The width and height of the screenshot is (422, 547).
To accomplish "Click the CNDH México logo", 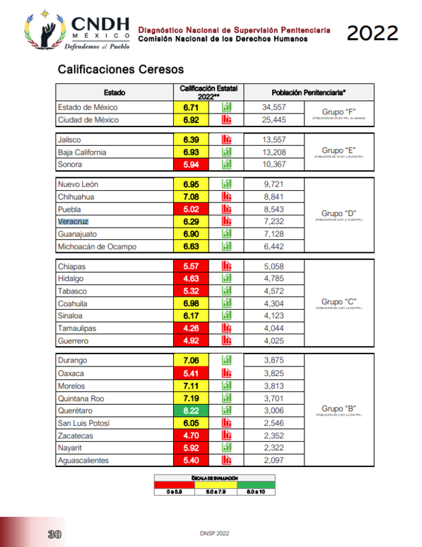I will [75, 32].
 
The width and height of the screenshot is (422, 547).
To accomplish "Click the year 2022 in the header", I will [372, 33].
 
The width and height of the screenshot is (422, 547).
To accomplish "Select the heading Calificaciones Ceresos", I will [120, 70].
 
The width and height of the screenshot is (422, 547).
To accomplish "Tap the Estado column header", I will [114, 92].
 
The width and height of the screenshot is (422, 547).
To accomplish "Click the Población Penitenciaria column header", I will [308, 92].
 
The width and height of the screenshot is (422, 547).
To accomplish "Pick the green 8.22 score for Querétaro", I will [191, 410].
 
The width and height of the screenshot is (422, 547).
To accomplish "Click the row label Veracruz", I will [73, 222].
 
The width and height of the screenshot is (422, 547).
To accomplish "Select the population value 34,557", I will [274, 107].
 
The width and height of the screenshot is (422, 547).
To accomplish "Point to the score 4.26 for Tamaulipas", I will [191, 328].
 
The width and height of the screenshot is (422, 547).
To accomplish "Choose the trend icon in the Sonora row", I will [227, 165].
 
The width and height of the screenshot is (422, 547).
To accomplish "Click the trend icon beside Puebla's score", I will [227, 209].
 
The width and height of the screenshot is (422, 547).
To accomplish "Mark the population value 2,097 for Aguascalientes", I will [274, 460].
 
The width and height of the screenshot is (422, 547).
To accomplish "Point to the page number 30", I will [55, 533].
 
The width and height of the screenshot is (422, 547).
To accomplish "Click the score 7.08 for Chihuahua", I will [191, 197].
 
